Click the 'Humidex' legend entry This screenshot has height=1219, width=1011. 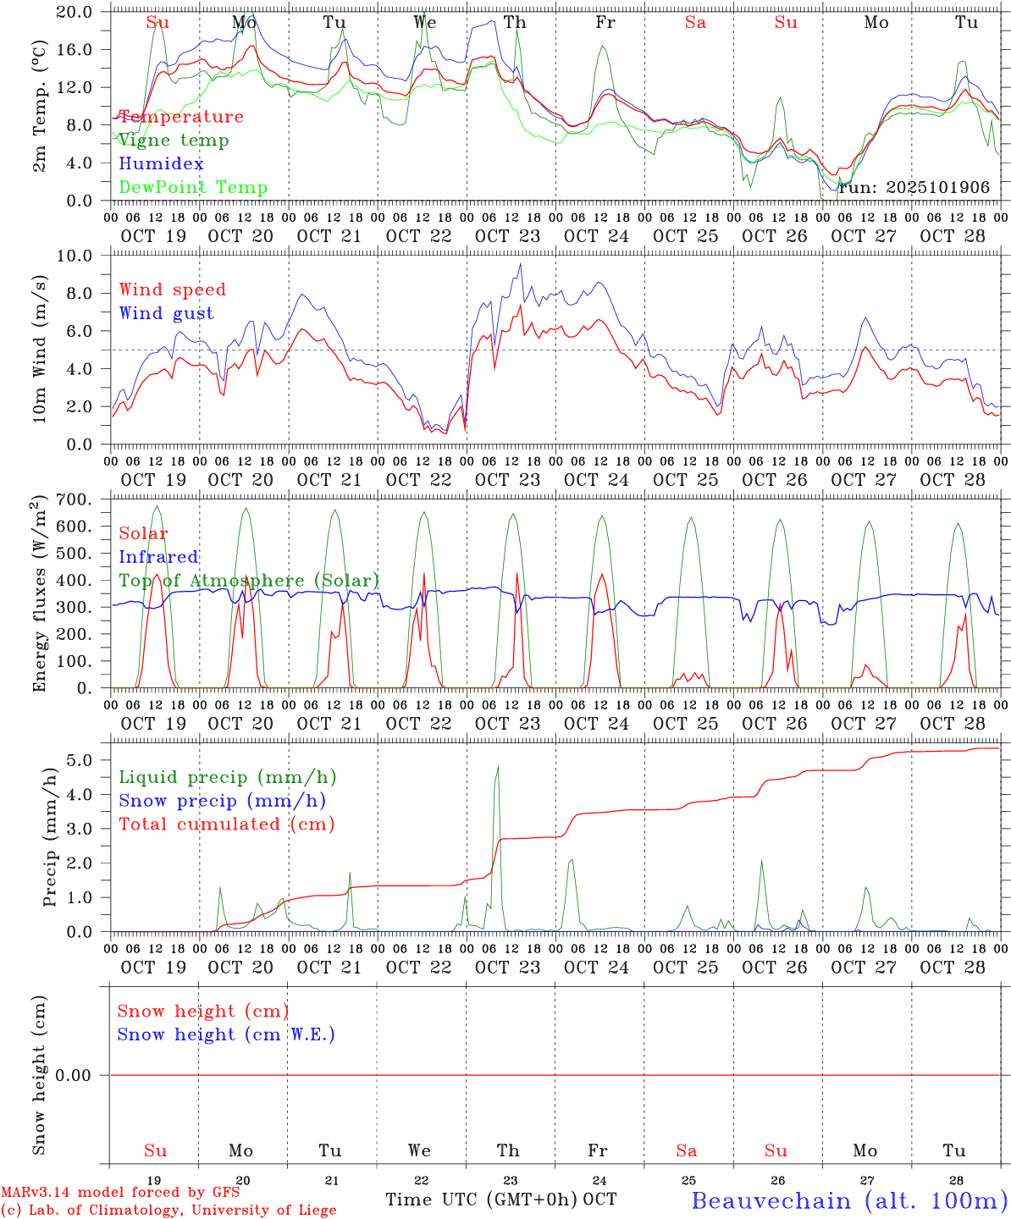coord(161,163)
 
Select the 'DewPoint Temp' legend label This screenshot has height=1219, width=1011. coord(193,187)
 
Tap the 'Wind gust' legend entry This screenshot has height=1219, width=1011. coord(166,313)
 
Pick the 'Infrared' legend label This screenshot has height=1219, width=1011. coord(158,557)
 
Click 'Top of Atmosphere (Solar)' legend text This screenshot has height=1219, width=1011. coord(249,581)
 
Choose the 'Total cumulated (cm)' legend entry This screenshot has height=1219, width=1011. coord(226,824)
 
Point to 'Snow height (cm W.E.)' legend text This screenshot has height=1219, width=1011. coord(226,1034)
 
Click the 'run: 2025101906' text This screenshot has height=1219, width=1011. coord(914,187)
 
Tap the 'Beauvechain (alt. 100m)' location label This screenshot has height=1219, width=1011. coord(848,1200)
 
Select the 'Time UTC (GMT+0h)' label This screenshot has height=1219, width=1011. coord(482,1199)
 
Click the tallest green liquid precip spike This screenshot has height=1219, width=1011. coord(498,767)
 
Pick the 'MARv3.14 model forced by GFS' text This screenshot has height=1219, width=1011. coord(119,1193)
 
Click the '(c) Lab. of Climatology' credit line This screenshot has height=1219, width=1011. coord(168,1211)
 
